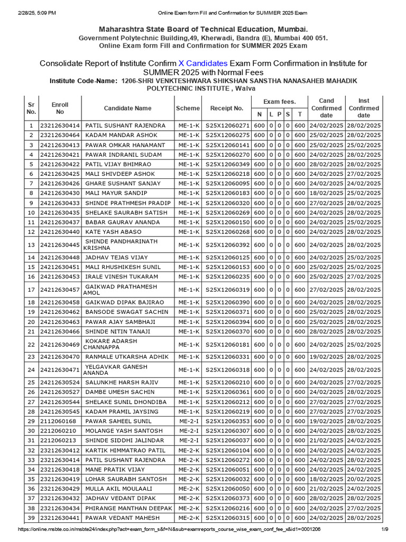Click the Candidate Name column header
pos(127,108)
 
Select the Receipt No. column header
pos(227,108)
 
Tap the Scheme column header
pos(188,108)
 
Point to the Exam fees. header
pos(280,101)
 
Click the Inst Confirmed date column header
pos(364,108)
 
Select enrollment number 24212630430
pos(60,193)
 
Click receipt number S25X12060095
pos(227,183)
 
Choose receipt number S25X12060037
pos(227,440)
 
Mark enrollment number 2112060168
pos(58,421)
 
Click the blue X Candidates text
pos(203,63)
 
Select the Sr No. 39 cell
pos(31,518)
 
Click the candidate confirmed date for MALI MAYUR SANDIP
pos(326,193)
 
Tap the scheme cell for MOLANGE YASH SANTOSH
pos(188,431)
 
